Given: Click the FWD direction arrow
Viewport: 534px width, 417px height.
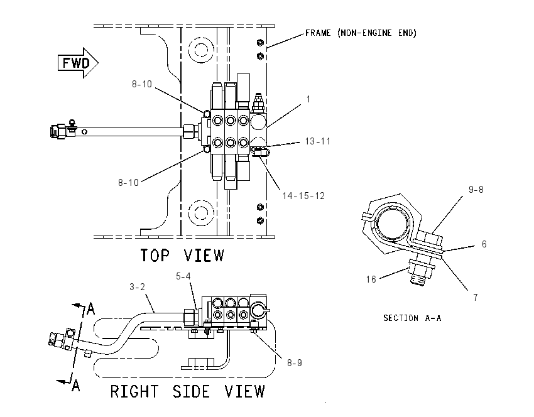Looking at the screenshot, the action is (78, 63).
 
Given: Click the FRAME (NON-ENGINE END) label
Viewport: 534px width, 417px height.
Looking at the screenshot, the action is (361, 33).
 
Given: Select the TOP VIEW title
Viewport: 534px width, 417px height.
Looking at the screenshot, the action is (182, 256).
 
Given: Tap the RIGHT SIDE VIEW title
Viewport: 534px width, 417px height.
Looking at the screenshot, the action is (187, 391).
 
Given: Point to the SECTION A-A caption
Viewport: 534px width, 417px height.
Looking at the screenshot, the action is (412, 318).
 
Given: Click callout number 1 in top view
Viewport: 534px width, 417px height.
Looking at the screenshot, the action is (308, 99).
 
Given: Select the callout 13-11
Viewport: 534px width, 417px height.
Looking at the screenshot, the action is (318, 141).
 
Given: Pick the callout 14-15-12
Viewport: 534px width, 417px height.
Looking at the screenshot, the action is (303, 196).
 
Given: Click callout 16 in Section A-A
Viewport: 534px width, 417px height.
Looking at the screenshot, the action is (371, 279).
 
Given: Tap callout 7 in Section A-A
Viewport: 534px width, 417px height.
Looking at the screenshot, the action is (476, 298).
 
